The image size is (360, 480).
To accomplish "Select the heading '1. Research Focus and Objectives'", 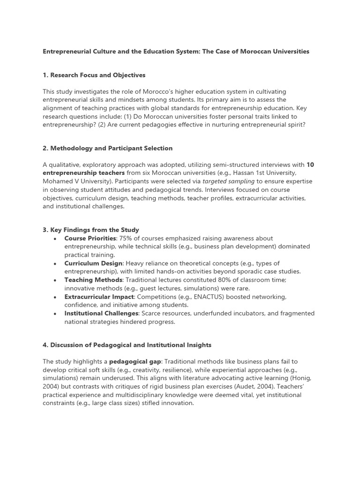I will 94,75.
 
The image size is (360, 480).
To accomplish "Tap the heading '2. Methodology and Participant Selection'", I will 107,148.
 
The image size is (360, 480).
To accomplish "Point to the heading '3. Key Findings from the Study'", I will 90,230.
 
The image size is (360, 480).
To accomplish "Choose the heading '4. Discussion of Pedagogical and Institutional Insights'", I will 127,345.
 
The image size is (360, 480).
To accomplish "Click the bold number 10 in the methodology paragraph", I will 310,165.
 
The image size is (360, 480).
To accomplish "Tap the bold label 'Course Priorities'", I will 90,238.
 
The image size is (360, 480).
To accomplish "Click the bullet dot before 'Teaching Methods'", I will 56,280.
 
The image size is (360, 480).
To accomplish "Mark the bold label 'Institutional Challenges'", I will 101,313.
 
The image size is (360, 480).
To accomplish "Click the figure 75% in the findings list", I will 127,238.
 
